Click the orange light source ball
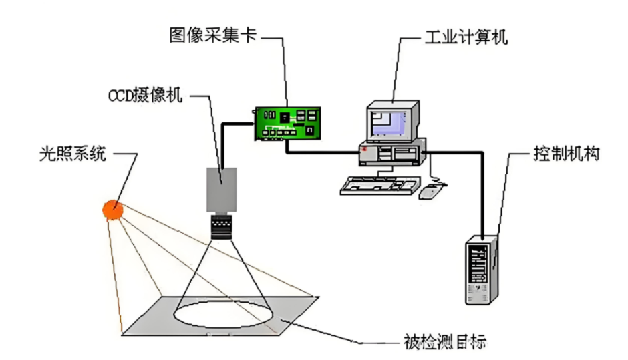[x=113, y=210]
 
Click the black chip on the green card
[x=286, y=118]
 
